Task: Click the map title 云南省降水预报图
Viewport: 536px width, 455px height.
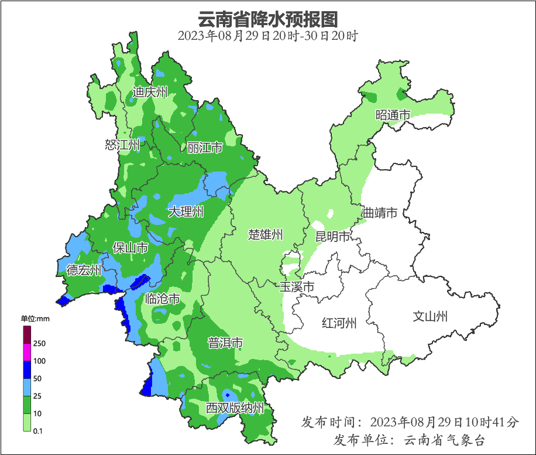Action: point(268,19)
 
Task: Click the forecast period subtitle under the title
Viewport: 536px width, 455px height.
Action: point(267,36)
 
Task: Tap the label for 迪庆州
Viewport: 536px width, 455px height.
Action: point(150,92)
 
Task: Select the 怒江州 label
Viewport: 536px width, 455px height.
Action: point(122,145)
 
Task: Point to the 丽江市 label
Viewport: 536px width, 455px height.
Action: point(205,148)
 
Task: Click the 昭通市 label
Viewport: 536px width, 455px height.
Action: point(393,115)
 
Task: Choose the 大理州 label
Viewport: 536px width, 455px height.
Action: point(186,212)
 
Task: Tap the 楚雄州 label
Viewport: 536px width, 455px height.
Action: point(265,235)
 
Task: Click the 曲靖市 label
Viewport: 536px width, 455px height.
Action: point(380,213)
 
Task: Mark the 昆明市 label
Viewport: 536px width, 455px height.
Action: point(332,237)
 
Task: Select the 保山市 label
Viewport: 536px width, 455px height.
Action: point(130,248)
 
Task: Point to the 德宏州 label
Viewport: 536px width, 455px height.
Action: point(84,270)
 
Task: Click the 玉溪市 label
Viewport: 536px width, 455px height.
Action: point(296,287)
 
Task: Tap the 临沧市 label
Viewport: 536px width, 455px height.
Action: point(162,299)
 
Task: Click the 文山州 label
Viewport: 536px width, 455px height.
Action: point(430,317)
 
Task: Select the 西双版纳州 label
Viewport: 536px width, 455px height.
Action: point(235,408)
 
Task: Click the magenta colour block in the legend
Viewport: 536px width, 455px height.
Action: point(27,352)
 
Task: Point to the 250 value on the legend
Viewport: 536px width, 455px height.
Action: point(40,343)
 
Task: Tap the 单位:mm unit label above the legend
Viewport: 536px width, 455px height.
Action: point(35,319)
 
